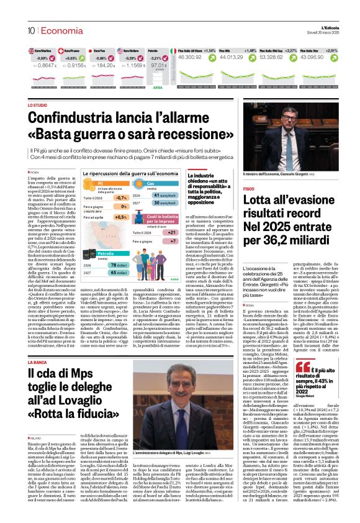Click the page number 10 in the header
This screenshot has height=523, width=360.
[30, 30]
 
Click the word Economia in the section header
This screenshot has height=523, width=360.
[57, 30]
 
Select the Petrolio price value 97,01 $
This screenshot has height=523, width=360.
[160, 65]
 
